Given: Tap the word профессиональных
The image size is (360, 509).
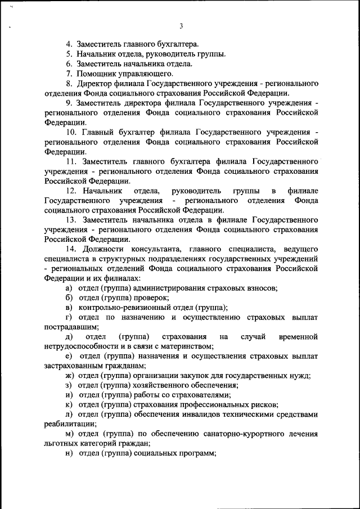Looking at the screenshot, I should click(x=208, y=404).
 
